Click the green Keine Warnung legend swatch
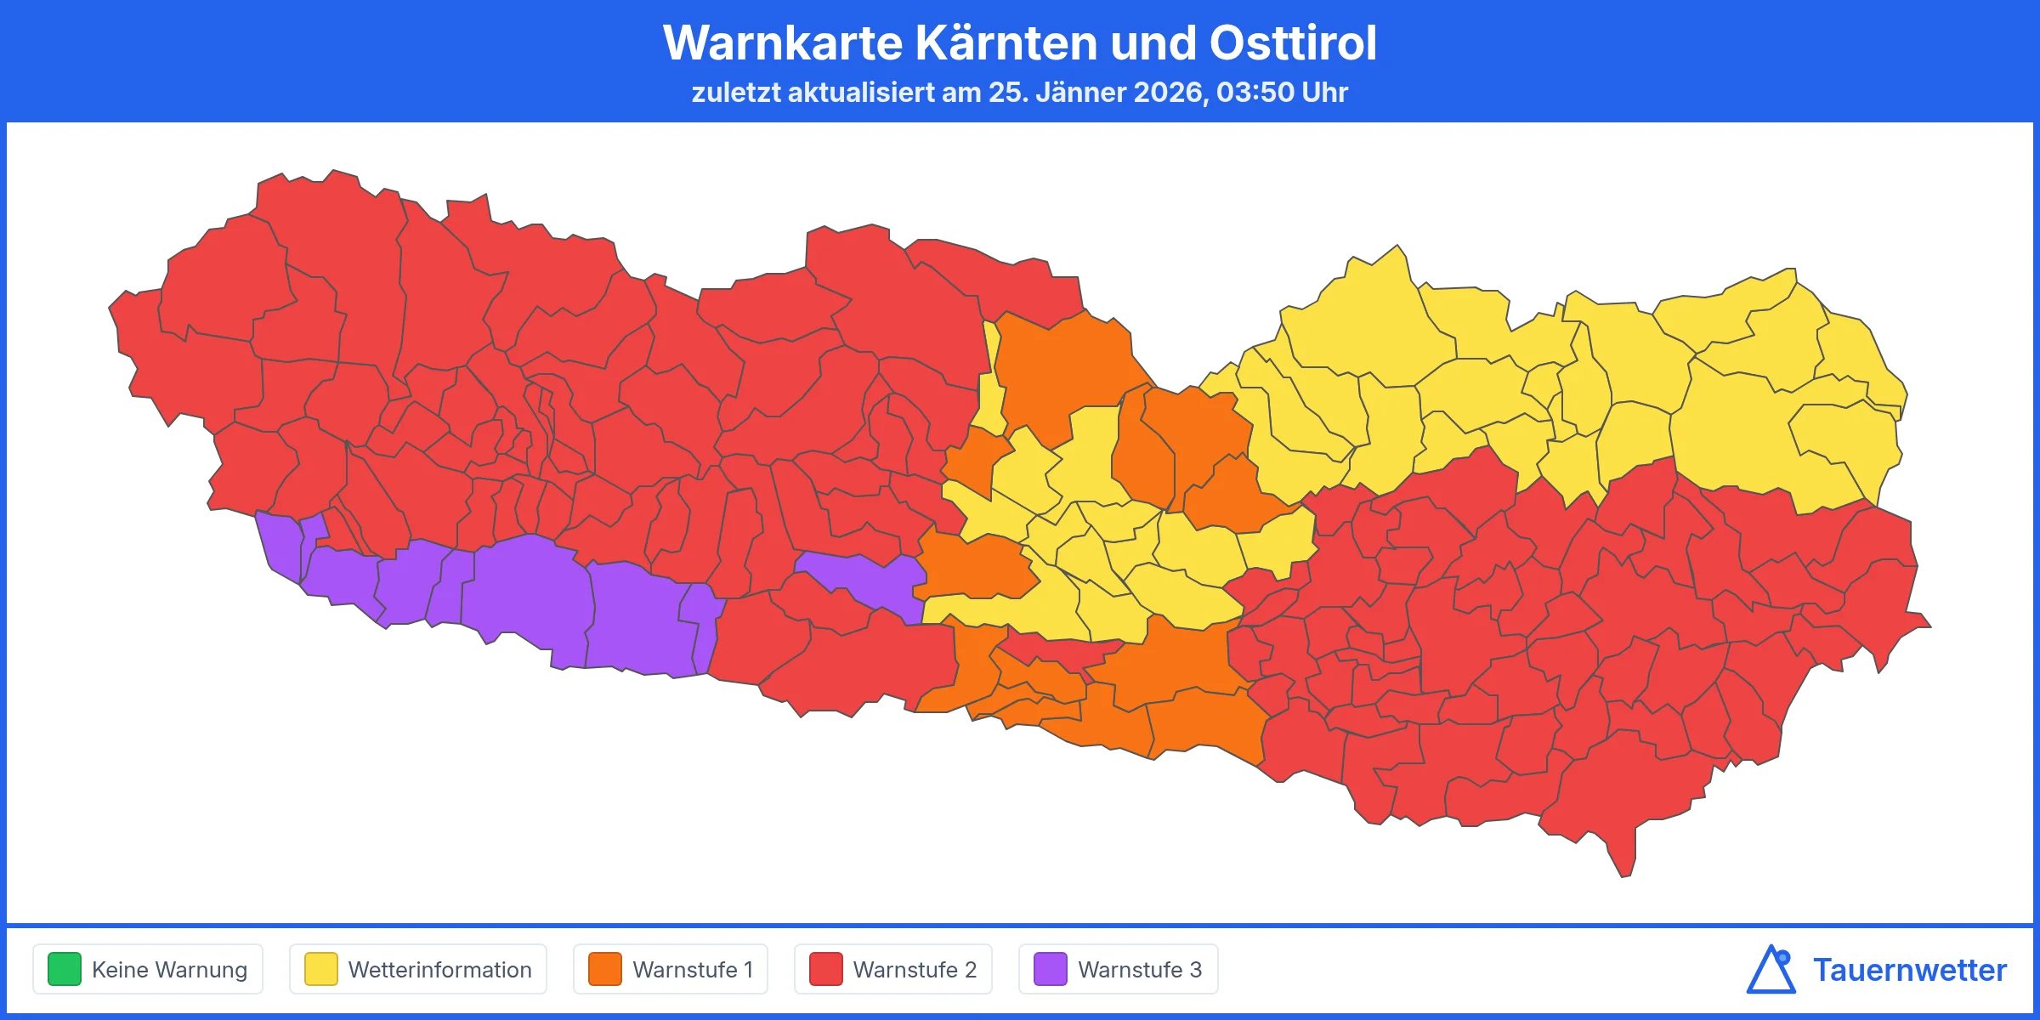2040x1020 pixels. [65, 969]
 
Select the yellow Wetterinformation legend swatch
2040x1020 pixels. [321, 969]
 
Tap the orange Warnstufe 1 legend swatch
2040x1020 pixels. [605, 969]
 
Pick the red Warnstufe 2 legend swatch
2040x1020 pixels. [826, 969]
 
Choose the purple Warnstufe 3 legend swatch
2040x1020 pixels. [1051, 969]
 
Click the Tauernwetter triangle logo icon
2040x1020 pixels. [1771, 970]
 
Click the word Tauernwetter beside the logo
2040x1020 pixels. [1910, 970]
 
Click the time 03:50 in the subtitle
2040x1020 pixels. [1255, 92]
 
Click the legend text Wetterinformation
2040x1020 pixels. [439, 970]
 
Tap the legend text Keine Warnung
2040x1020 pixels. [169, 970]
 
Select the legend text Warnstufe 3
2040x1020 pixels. [1140, 970]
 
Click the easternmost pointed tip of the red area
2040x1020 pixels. [1928, 626]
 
